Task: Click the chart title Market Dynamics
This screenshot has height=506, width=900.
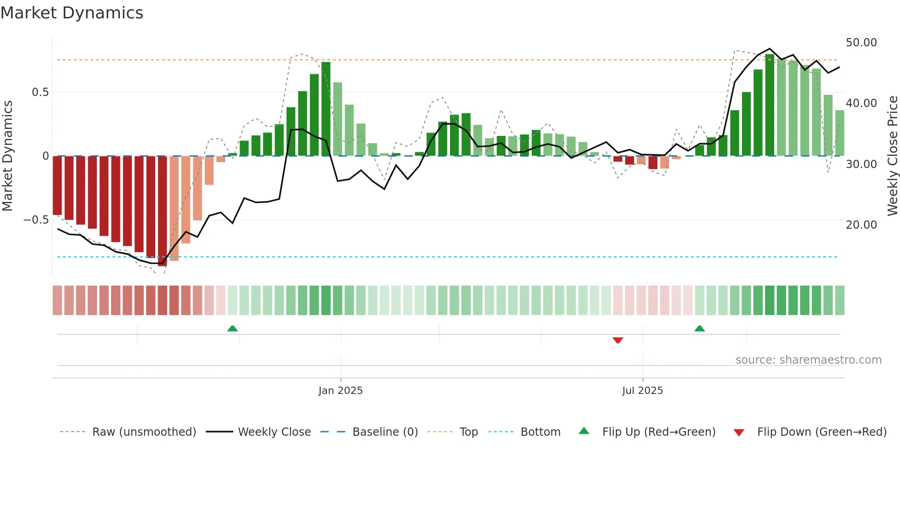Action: click(72, 13)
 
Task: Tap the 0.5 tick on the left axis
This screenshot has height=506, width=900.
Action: click(40, 92)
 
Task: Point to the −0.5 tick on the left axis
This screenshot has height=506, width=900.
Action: click(36, 220)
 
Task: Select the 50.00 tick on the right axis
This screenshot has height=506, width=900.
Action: click(861, 43)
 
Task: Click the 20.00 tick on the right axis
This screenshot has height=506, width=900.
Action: click(861, 225)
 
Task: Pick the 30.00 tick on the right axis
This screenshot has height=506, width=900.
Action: click(861, 164)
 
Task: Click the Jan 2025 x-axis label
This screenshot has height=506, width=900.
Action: click(340, 391)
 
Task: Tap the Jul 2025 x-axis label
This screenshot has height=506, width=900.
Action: click(642, 391)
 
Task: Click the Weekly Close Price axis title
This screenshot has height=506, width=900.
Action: click(892, 156)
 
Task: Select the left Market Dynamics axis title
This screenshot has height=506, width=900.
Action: click(7, 156)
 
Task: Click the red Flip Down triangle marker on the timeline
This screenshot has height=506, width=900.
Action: click(618, 340)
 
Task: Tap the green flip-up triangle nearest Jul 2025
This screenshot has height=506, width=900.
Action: click(699, 328)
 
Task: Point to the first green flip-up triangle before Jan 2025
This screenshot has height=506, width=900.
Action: click(232, 328)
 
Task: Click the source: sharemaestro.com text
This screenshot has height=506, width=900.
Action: click(808, 360)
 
